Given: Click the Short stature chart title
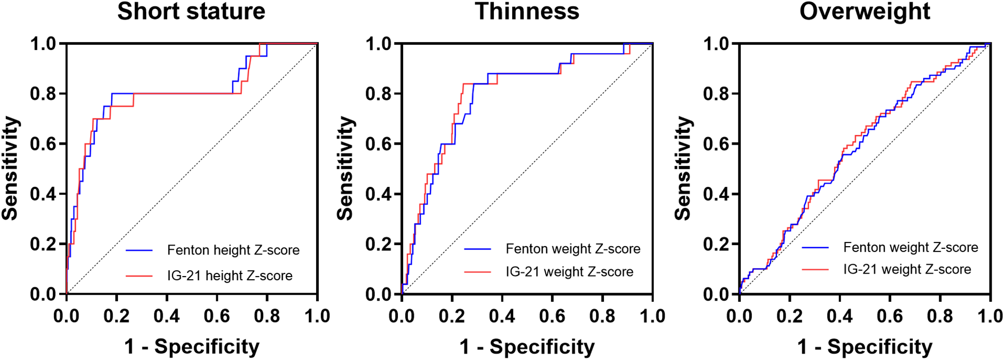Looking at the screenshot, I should tap(191, 11).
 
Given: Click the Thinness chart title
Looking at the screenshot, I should tap(527, 11).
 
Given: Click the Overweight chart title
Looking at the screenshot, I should tap(864, 11).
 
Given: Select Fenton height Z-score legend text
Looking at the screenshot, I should tap(233, 250).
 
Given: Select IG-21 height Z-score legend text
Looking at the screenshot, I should tap(230, 276).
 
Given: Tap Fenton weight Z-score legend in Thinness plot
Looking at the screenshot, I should tap(573, 249).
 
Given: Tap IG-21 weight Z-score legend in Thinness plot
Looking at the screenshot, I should tap(569, 272).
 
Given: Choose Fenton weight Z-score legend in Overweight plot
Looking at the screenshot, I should tap(910, 248).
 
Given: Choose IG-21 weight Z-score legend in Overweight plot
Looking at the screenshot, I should tap(907, 269).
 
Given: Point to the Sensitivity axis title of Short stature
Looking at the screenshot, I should tap(10, 168).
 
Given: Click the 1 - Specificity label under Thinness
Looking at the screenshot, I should tap(527, 347).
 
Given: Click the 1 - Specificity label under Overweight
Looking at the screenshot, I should tap(864, 347).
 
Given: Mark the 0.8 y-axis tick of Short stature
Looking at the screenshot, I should tap(43, 94).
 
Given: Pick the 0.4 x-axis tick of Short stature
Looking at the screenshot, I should tap(167, 316).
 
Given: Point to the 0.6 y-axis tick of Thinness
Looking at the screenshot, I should tap(378, 144).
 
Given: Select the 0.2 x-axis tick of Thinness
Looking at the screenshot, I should tap(452, 316).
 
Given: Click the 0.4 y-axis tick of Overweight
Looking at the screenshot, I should tap(716, 194).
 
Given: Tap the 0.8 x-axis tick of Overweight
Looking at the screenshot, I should tap(940, 316).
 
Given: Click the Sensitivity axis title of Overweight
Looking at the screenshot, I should tap(683, 168).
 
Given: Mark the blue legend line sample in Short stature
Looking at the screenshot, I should tap(139, 251).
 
